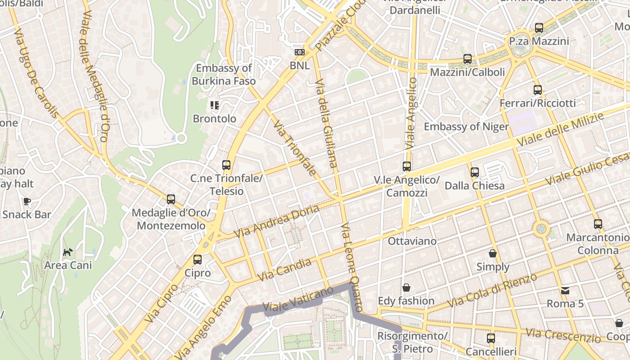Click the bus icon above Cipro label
point(197,260)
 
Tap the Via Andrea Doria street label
point(276,221)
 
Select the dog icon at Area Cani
point(67,252)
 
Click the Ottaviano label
point(412,241)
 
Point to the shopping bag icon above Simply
point(493,253)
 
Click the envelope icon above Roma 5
point(565,290)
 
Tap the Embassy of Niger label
point(466,126)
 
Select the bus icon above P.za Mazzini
point(539,28)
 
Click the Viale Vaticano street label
point(298,300)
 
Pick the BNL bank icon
point(299,52)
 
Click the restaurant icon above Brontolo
point(214,105)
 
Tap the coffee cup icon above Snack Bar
point(27,201)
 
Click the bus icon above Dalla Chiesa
point(474,172)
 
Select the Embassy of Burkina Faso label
point(224,75)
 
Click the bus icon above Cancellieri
point(490,338)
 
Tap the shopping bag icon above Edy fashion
point(406,288)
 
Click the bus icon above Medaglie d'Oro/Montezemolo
point(171,199)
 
